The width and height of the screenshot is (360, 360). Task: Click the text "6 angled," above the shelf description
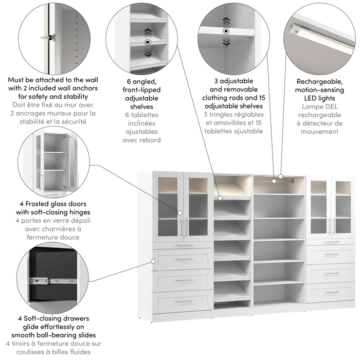143,81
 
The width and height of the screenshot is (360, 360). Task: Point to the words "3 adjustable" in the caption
234,81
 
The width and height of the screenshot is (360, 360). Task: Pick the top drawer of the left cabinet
183,259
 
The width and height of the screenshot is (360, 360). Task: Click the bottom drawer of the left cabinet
183,302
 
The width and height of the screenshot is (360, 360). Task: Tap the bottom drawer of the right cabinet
331,292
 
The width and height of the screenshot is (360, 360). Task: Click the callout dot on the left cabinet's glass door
181,212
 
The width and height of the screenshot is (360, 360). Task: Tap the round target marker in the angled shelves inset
147,42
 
